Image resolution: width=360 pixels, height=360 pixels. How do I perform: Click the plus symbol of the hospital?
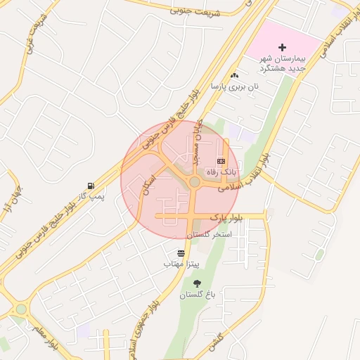283,48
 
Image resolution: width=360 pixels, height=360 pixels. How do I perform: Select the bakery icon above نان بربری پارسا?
234,76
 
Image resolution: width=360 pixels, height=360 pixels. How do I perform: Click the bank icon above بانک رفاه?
221,161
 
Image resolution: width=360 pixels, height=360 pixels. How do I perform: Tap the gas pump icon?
90,185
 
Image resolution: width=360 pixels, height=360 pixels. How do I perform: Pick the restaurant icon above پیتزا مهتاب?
182,252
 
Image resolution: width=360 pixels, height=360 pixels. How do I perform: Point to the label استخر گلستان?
208,233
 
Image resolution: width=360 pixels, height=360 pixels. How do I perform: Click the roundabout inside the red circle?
194,184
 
